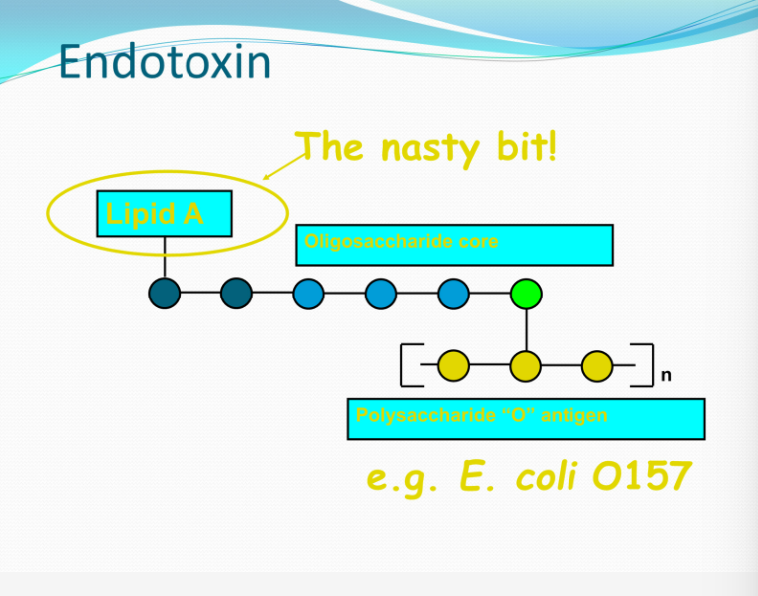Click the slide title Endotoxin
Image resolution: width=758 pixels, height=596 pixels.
165,62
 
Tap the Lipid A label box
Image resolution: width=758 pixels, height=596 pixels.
165,213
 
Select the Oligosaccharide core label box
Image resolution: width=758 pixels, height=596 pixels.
454,245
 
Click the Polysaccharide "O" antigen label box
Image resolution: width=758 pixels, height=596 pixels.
526,419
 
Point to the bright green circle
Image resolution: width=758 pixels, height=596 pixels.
526,294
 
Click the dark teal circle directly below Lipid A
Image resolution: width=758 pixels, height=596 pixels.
165,294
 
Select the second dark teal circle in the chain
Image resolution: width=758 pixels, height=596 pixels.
236,294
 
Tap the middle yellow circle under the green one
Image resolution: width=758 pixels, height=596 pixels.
526,366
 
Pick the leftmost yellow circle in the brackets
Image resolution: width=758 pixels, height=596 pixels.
453,366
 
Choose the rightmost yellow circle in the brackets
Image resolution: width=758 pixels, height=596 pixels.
597,366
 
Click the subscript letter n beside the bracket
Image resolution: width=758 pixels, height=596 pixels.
666,376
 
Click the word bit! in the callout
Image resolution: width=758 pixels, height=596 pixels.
521,148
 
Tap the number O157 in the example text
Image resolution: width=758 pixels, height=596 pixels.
641,478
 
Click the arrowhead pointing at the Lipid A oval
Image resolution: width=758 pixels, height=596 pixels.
268,178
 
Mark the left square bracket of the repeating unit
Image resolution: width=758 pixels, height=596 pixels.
407,365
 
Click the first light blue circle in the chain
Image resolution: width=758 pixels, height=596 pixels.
308,294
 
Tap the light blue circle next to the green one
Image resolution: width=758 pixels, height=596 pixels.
453,294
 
